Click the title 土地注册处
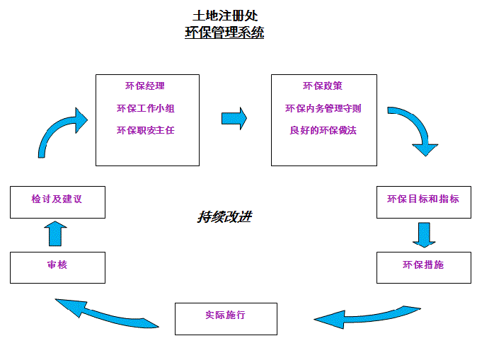pyautogui.click(x=224, y=16)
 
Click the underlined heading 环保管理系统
pyautogui.click(x=224, y=33)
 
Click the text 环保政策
pyautogui.click(x=323, y=86)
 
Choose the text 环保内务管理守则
pyautogui.click(x=323, y=108)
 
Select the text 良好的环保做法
pyautogui.click(x=323, y=130)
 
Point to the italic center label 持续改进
pyautogui.click(x=224, y=216)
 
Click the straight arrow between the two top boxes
pyautogui.click(x=234, y=118)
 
